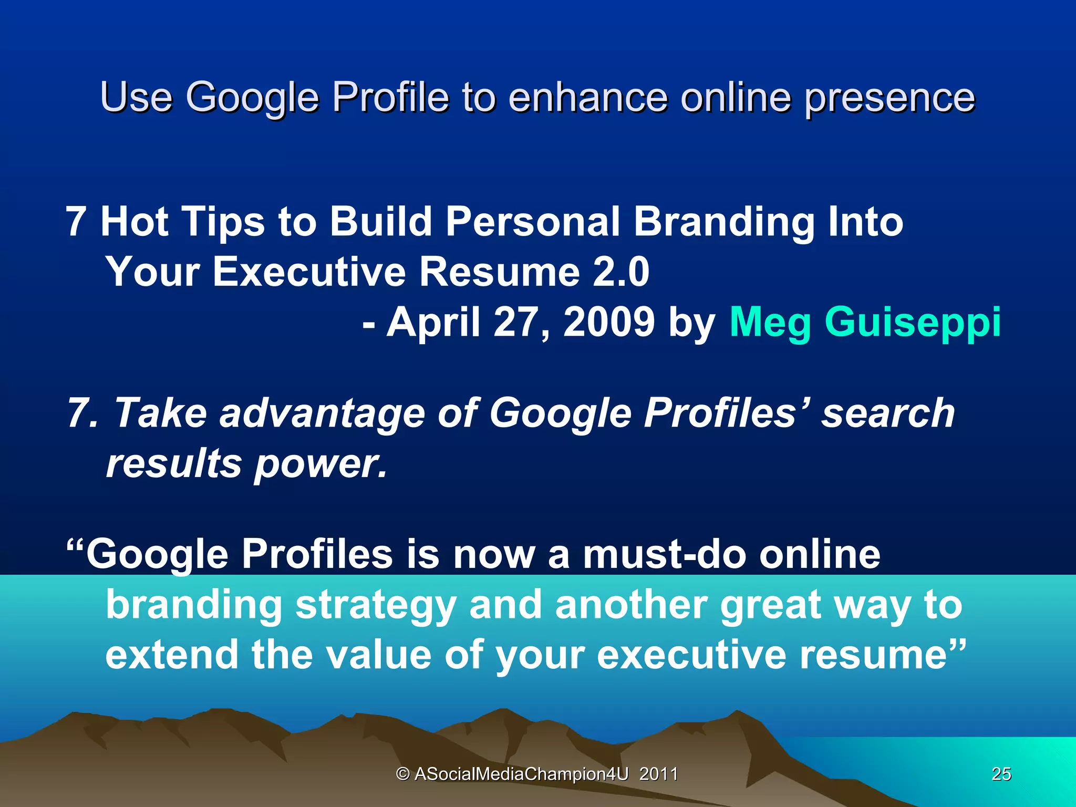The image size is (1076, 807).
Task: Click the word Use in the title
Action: pos(136,97)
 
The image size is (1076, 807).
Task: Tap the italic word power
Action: pos(320,464)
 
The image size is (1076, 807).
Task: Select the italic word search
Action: pos(888,413)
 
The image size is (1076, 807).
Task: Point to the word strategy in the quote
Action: pos(375,606)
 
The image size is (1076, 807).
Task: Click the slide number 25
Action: pos(1001,774)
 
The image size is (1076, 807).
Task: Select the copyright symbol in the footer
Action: pos(402,774)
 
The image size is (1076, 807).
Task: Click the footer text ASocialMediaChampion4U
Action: pos(521,774)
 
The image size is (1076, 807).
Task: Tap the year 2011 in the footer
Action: pos(658,774)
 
